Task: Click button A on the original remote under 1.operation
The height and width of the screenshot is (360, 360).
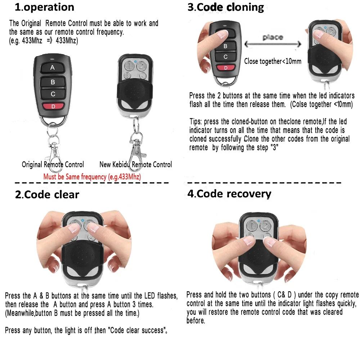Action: [52, 67]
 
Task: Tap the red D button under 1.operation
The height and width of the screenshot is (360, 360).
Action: [53, 106]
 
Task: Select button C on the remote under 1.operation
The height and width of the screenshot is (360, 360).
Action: [53, 94]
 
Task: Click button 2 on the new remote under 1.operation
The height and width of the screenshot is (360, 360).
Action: [142, 66]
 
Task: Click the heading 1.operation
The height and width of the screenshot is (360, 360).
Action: [44, 7]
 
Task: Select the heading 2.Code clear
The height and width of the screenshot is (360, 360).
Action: [47, 195]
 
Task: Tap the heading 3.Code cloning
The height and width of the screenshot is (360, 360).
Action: [226, 7]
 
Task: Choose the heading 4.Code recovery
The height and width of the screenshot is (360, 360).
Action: [229, 194]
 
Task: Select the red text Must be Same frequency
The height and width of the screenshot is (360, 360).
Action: [92, 177]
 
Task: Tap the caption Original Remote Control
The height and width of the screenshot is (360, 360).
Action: [53, 165]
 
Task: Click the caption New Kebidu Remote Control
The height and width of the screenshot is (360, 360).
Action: [135, 165]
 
